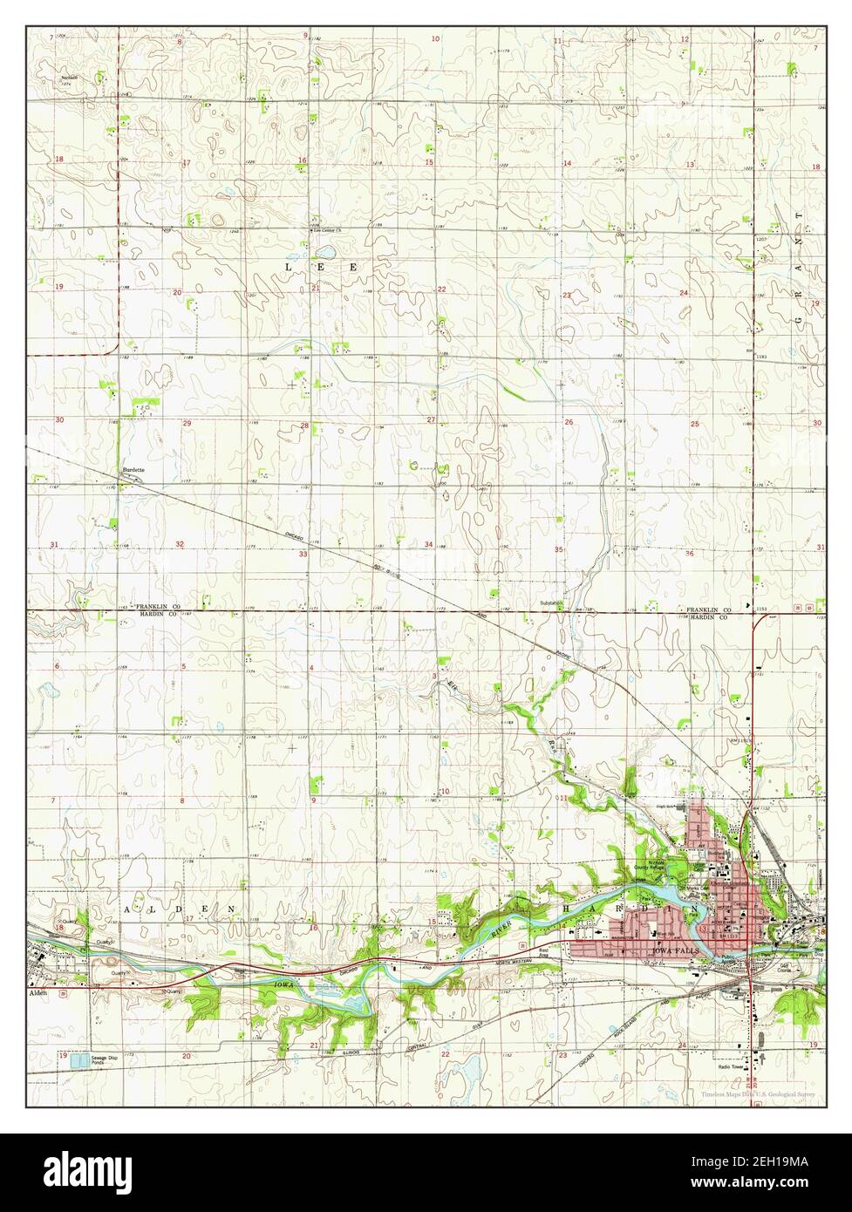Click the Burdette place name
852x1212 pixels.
click(x=133, y=470)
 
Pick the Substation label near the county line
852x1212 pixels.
click(x=551, y=603)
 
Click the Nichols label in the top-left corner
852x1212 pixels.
click(x=70, y=78)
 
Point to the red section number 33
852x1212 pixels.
click(x=303, y=554)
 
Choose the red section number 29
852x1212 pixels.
click(x=187, y=423)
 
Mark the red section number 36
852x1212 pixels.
click(x=689, y=554)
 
